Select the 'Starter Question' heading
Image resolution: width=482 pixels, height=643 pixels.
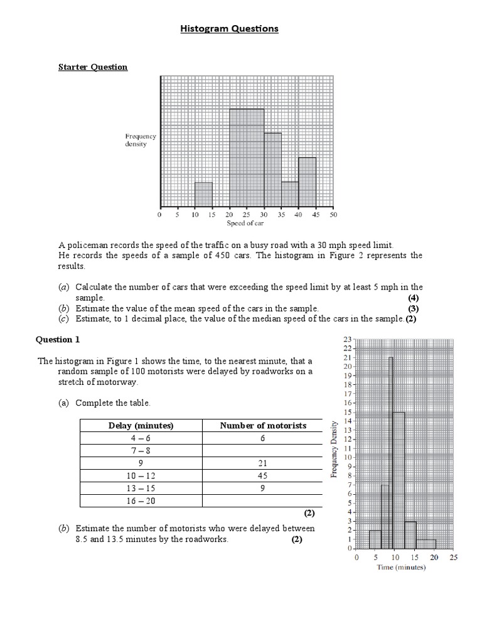pos(93,67)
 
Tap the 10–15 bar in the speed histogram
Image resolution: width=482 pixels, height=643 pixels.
pos(203,195)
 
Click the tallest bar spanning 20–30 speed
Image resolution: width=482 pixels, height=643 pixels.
pos(246,158)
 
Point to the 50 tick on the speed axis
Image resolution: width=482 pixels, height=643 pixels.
pos(333,215)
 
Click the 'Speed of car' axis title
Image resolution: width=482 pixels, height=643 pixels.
pos(246,223)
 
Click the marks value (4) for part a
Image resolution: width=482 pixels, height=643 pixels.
pos(413,298)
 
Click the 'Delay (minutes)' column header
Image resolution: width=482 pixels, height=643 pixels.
pos(141,426)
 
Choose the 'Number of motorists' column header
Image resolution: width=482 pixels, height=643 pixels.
pos(263,426)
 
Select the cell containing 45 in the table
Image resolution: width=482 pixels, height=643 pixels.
pos(263,476)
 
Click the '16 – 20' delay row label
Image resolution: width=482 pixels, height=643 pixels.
pos(141,501)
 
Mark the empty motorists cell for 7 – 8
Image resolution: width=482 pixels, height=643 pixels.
pos(263,451)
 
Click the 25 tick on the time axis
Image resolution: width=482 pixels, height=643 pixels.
pos(454,557)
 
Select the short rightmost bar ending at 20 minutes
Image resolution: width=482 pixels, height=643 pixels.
pos(426,544)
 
